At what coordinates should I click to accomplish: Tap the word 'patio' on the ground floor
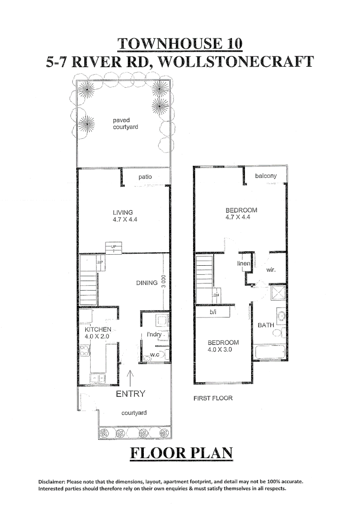click(x=145, y=177)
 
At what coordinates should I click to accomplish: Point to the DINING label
click(x=147, y=283)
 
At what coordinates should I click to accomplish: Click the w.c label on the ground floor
click(x=154, y=355)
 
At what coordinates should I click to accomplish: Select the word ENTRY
click(x=131, y=394)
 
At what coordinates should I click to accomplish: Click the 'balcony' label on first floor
click(x=266, y=176)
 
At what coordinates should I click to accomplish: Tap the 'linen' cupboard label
click(x=244, y=264)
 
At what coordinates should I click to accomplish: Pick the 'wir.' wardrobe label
click(x=271, y=270)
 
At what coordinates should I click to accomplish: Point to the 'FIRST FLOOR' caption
click(x=213, y=398)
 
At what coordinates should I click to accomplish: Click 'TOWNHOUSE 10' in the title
click(x=180, y=44)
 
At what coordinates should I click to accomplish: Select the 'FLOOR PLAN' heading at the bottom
click(x=180, y=452)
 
